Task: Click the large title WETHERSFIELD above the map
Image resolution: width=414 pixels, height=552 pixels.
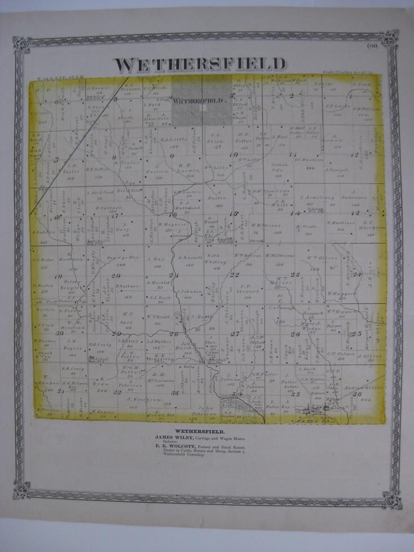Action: click(200, 64)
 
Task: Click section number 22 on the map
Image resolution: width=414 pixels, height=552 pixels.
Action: click(235, 275)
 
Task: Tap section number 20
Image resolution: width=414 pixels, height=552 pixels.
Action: click(116, 276)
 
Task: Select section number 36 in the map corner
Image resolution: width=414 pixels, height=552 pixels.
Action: click(356, 394)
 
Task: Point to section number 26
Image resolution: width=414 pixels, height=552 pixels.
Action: click(296, 334)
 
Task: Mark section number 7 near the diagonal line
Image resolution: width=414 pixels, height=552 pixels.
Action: click(57, 160)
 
